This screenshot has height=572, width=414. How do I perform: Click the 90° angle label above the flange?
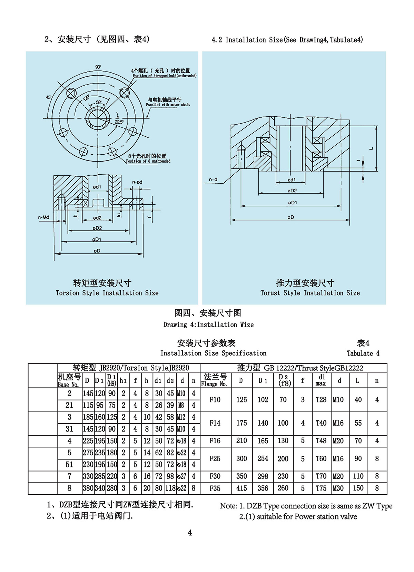[98, 67]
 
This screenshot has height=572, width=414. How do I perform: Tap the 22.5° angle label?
[119, 122]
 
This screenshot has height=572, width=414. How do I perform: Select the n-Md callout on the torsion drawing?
[43, 217]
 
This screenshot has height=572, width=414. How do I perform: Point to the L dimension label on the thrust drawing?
[371, 148]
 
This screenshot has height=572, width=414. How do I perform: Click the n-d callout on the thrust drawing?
[213, 180]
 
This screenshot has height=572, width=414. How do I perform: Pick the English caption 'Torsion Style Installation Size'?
[107, 293]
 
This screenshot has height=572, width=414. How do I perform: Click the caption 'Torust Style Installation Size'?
[310, 293]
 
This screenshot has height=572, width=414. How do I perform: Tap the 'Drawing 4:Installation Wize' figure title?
[208, 325]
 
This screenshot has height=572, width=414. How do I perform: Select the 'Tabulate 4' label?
[363, 353]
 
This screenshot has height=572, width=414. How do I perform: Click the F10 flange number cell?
[215, 400]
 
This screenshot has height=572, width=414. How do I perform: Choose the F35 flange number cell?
[215, 488]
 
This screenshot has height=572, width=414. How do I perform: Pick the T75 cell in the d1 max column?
[321, 488]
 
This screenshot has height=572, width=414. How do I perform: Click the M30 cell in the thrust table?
[338, 488]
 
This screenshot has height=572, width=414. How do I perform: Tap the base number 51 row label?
[69, 465]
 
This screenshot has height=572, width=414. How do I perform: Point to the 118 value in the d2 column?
[170, 488]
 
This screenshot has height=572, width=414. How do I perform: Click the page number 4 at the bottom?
[190, 533]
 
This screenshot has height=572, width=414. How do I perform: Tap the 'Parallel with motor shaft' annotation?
[168, 105]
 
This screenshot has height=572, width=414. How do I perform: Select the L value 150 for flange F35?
[358, 488]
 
